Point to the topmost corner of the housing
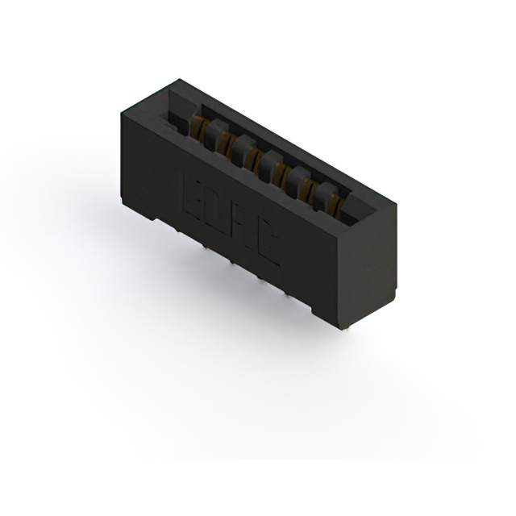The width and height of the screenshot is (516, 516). click(179, 80)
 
